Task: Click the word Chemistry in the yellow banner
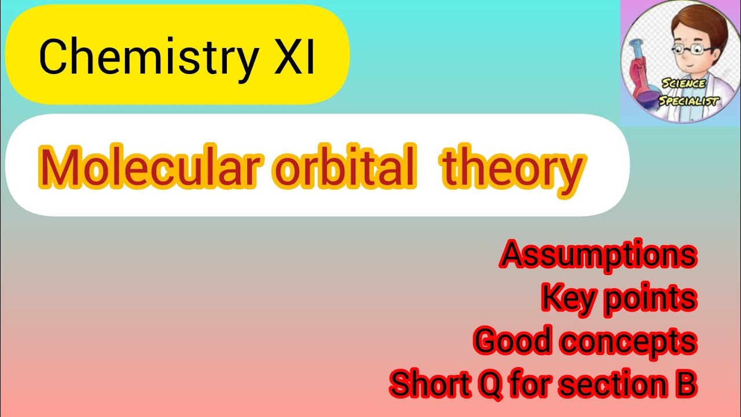tap(147, 58)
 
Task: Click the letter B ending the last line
tap(685, 384)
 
